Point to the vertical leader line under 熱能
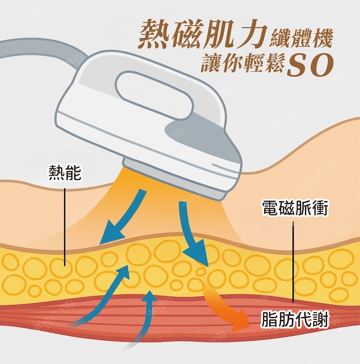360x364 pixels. pos(65,225)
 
